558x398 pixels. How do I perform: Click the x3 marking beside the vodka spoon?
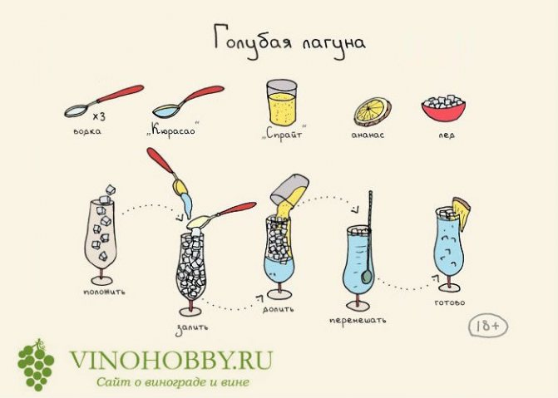pos(99,116)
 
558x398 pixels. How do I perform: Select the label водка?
pos(87,131)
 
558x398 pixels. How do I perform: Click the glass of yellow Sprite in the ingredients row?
pos(281,102)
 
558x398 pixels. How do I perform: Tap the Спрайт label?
pos(284,134)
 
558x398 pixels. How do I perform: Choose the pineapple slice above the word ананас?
pos(373,111)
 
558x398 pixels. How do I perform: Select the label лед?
pos(447,135)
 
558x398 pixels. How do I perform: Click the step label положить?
pos(104,292)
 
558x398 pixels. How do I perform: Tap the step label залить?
pos(192,327)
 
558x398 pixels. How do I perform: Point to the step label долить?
pos(279,309)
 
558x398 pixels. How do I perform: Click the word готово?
pos(450,302)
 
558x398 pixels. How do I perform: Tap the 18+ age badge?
pos(488,325)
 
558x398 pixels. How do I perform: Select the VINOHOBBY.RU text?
pos(171,361)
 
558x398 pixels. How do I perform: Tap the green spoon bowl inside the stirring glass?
pos(366,277)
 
